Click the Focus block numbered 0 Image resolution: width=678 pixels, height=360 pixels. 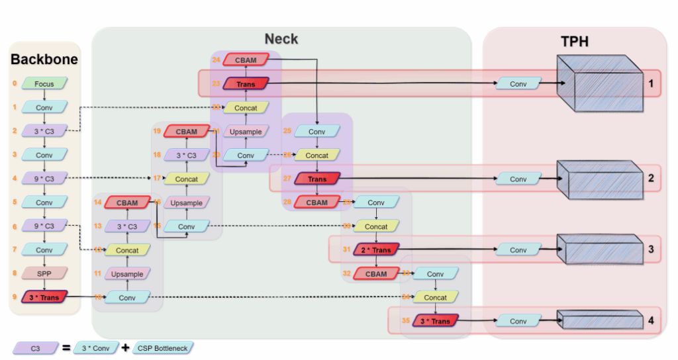coord(44,84)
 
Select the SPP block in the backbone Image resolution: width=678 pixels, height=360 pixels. coord(44,273)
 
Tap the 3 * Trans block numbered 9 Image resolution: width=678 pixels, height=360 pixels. coord(44,297)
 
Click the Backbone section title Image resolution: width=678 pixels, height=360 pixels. coord(44,60)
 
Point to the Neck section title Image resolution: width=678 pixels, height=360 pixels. coord(281,39)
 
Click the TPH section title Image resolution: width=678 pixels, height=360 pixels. coord(575,42)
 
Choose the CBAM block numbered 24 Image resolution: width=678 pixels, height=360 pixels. coord(246,60)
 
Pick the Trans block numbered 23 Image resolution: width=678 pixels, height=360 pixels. coord(246,84)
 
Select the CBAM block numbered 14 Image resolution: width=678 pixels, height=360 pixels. coord(127,202)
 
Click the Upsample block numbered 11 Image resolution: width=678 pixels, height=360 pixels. coord(127,273)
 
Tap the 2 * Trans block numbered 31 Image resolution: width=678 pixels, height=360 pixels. coord(376,249)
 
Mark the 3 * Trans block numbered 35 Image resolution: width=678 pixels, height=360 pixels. coord(435,321)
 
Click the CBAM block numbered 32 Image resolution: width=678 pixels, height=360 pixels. coord(376,273)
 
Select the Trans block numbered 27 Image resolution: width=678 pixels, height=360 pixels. coord(317,179)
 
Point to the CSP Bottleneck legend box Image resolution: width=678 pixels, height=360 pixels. coord(162,347)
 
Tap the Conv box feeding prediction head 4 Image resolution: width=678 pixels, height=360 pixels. coord(518,321)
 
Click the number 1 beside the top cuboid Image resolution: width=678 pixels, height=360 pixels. coord(651,84)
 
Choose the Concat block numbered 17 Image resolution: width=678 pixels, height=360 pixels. coord(187,179)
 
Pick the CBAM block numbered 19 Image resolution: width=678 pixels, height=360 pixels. coord(187,131)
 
